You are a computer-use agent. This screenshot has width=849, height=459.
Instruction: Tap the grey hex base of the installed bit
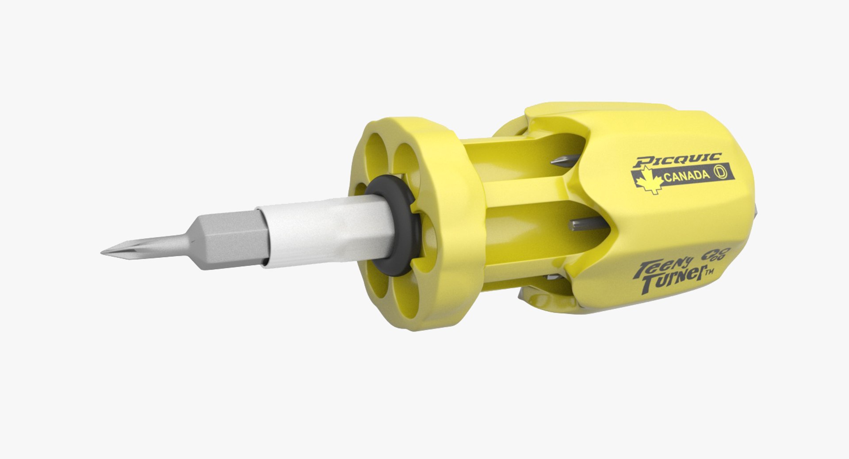click(x=234, y=239)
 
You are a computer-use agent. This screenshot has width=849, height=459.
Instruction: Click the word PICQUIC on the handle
click(x=677, y=160)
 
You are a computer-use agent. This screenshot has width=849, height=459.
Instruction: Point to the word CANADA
click(x=686, y=176)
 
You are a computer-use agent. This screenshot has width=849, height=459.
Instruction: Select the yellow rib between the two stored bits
click(x=531, y=190)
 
